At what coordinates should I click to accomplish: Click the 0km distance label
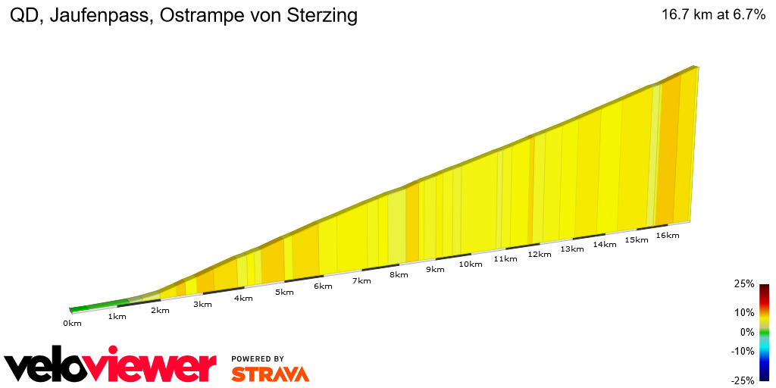[x=72, y=324]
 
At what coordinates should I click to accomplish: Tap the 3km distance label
[x=202, y=305]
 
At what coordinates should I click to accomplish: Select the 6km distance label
[x=323, y=286]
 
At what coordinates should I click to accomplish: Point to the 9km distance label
[x=435, y=270]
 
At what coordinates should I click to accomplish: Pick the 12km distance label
[x=540, y=255]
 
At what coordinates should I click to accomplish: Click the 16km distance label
[x=668, y=236]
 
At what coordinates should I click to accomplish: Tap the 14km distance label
[x=605, y=245]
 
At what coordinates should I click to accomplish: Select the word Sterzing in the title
[x=319, y=16]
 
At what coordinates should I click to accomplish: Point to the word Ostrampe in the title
[x=194, y=16]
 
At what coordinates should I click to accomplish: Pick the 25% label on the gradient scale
[x=744, y=284]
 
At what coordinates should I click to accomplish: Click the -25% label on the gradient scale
[x=743, y=380]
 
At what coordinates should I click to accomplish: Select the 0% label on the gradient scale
[x=747, y=332]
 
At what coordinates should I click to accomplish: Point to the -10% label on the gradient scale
[x=743, y=352]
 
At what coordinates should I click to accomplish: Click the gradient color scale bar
[x=764, y=332]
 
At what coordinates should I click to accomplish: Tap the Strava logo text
[x=270, y=374]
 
